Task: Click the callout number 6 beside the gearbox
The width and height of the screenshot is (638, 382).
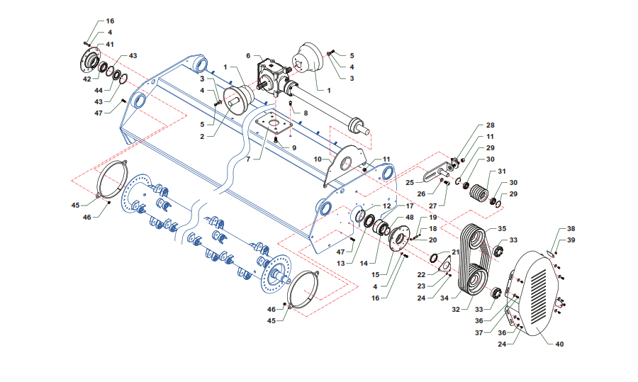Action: (x=249, y=55)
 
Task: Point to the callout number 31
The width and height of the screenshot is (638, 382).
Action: (x=501, y=172)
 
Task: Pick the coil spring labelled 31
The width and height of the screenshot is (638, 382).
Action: (x=480, y=193)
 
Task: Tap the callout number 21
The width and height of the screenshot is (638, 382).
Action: (x=456, y=252)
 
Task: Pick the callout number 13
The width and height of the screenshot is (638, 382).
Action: (x=341, y=264)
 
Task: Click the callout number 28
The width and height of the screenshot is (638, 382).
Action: (x=490, y=125)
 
